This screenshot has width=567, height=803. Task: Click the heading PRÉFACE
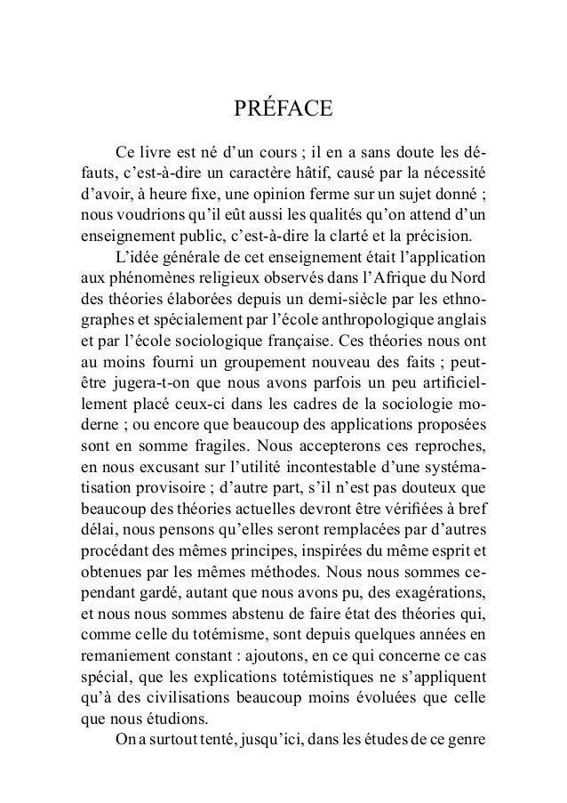coord(283,110)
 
